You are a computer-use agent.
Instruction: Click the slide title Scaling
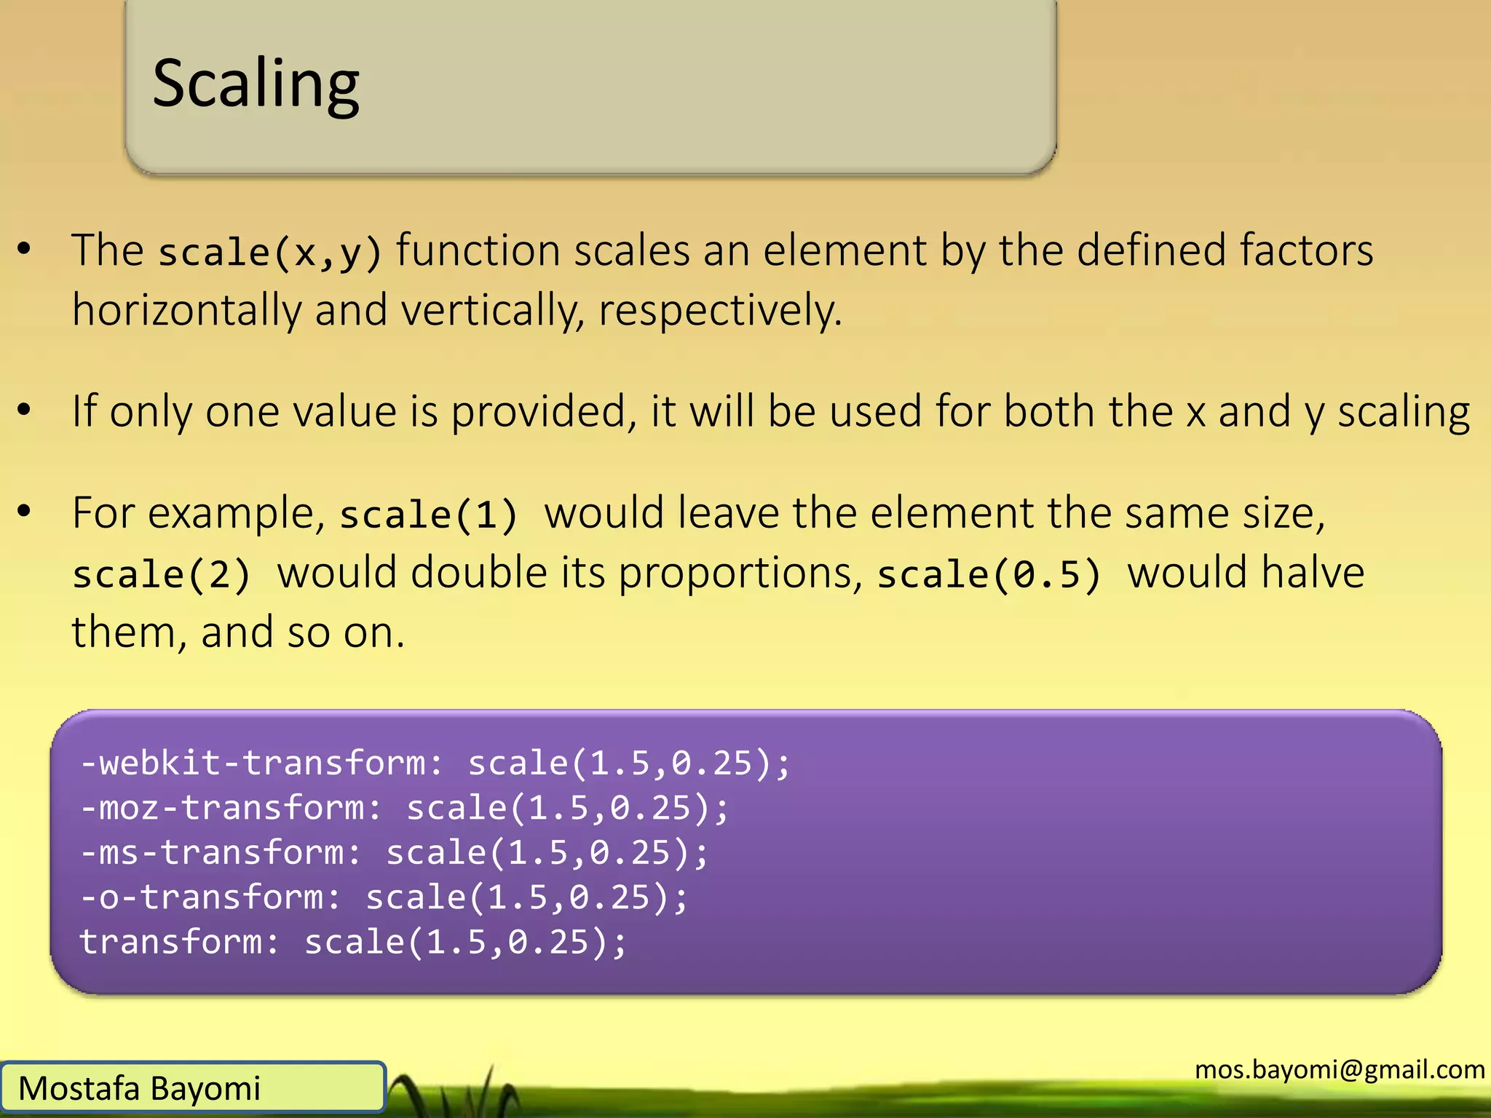click(x=256, y=84)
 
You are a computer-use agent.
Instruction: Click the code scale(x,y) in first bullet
click(x=270, y=252)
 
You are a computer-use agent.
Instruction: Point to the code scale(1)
click(x=429, y=515)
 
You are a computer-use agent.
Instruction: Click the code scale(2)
click(x=162, y=574)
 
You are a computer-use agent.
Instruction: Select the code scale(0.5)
click(x=989, y=574)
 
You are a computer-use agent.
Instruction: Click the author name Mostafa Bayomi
click(x=139, y=1089)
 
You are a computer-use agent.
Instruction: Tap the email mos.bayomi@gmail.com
click(x=1340, y=1069)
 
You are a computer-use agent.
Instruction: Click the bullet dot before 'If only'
click(x=25, y=411)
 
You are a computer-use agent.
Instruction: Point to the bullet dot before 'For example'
click(x=25, y=512)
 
